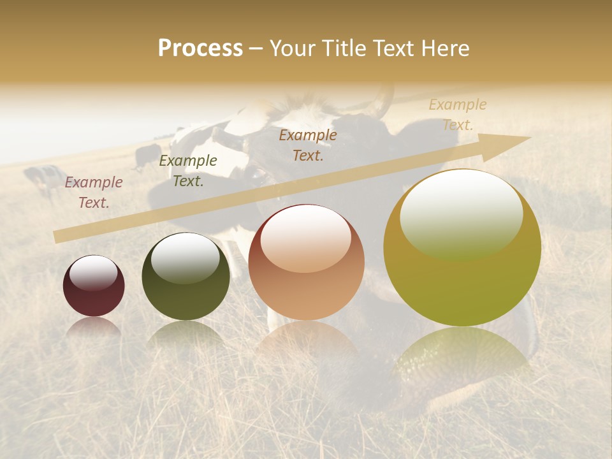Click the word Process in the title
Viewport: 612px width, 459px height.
[200, 48]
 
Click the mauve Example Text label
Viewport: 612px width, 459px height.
[94, 193]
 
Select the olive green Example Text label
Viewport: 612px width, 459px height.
[188, 171]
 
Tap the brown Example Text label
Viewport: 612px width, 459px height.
[308, 145]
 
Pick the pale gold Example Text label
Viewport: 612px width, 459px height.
[457, 114]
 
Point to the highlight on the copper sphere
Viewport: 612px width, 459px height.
[306, 238]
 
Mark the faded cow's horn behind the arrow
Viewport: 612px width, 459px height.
[382, 102]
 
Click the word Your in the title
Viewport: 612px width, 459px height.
[292, 48]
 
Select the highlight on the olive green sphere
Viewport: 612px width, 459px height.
[186, 257]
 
